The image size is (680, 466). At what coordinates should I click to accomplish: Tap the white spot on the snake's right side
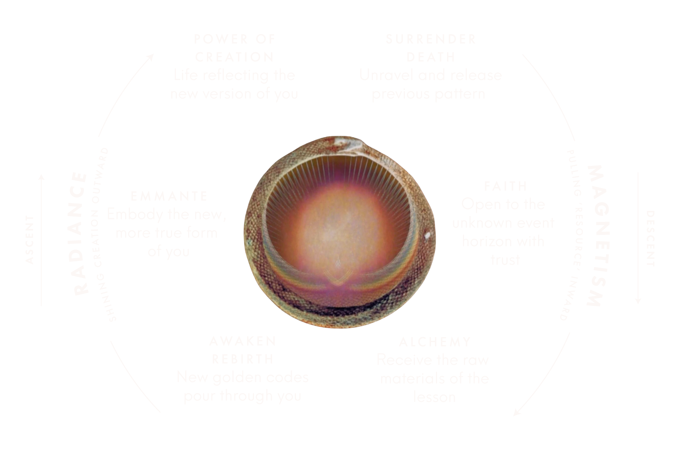428,235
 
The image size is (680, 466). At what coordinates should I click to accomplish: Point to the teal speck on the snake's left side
249,241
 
